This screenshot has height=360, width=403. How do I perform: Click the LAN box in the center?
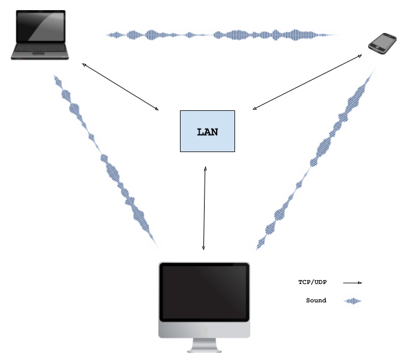click(207, 131)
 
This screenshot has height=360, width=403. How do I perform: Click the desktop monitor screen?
click(203, 292)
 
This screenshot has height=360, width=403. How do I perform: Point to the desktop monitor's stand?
click(204, 345)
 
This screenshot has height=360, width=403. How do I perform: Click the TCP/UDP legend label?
click(313, 282)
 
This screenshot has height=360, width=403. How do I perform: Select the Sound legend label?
click(316, 300)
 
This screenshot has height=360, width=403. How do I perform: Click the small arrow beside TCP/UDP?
click(352, 283)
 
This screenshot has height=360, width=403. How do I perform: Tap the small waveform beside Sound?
click(352, 301)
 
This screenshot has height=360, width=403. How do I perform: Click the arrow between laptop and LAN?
click(120, 87)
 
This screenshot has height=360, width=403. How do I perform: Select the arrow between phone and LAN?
click(307, 82)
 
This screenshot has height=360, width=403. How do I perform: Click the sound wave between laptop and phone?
click(222, 35)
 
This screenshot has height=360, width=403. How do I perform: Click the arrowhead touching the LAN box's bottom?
click(205, 169)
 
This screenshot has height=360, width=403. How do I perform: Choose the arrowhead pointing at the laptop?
click(84, 65)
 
